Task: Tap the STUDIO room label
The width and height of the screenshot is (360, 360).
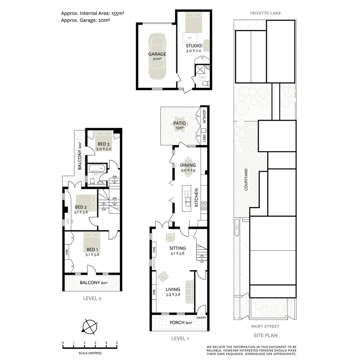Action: [194, 46]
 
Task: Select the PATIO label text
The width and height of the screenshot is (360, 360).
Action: [179, 123]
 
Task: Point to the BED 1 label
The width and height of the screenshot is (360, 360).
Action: [92, 249]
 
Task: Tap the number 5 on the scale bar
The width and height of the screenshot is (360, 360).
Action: [117, 343]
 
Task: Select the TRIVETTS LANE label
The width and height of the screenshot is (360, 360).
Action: [265, 13]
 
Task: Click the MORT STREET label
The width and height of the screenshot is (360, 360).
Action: [265, 326]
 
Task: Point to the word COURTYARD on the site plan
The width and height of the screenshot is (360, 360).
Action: [246, 179]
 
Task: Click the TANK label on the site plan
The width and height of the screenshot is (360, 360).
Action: [237, 227]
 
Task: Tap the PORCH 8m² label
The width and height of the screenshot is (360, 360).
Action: [181, 322]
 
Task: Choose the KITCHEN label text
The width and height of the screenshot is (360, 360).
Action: [196, 197]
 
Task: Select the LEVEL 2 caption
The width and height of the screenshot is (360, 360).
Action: [92, 298]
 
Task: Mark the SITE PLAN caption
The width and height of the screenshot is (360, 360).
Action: [265, 335]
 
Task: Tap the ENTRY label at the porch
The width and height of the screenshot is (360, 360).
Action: [201, 318]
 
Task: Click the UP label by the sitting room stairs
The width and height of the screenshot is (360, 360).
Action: [202, 262]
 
